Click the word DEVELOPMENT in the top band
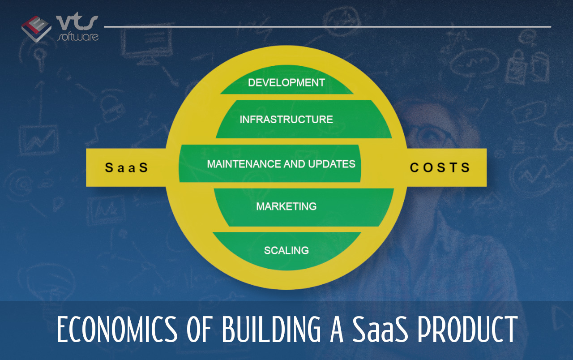(286, 83)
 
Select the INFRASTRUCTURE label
(286, 120)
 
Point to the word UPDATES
(332, 164)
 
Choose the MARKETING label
(286, 206)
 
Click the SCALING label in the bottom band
(286, 250)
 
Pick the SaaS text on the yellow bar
(126, 167)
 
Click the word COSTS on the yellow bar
(440, 167)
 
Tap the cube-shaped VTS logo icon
(36, 29)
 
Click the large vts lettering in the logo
(77, 23)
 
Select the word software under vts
(78, 37)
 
